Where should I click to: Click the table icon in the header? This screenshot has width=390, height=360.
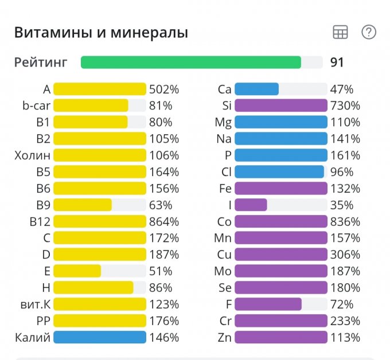click(340, 33)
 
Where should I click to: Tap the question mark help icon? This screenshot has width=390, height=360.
click(369, 32)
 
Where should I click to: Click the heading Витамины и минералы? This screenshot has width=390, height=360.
click(101, 33)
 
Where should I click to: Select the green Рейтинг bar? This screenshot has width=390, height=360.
click(190, 62)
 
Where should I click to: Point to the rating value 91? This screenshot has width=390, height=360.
click(337, 62)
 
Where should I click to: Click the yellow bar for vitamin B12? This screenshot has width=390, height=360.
click(100, 221)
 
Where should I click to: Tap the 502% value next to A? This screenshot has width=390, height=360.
click(164, 89)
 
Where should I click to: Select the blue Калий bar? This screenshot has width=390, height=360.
click(100, 337)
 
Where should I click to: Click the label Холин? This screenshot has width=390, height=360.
click(33, 155)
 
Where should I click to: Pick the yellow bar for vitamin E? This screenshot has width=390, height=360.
click(77, 271)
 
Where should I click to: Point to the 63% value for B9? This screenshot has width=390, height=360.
click(161, 205)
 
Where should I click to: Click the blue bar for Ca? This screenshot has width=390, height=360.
click(256, 89)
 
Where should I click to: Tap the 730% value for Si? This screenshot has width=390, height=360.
click(345, 105)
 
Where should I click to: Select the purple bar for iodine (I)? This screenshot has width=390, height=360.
click(251, 205)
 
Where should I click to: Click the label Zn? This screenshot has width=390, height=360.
click(224, 337)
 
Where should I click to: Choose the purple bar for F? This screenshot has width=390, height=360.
click(268, 304)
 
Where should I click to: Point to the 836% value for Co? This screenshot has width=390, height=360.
click(345, 221)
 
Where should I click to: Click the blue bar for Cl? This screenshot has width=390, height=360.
click(279, 172)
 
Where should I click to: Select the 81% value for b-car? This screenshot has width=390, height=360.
click(161, 105)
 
